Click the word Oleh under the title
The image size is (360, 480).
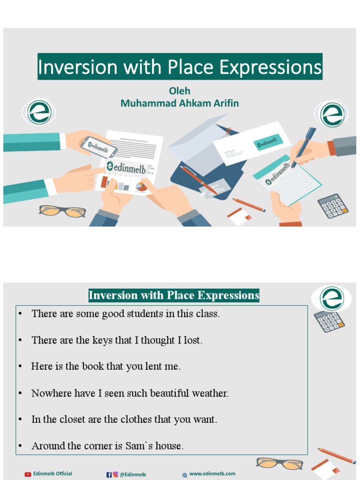pos(180,91)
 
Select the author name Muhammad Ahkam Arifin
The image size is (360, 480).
pos(180,104)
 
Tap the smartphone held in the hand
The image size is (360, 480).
pos(98,147)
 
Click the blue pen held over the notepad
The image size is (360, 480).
pos(304,146)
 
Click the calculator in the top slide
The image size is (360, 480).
pos(333,206)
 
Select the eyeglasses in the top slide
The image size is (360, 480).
pos(62,211)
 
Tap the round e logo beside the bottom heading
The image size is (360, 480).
pos(332,298)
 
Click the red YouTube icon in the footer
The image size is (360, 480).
pos(28,474)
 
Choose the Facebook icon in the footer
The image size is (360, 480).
pos(109,474)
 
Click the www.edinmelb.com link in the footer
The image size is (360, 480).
pos(212,474)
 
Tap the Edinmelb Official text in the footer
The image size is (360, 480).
pos(52,474)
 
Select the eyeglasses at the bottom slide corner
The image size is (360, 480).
pos(279,463)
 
